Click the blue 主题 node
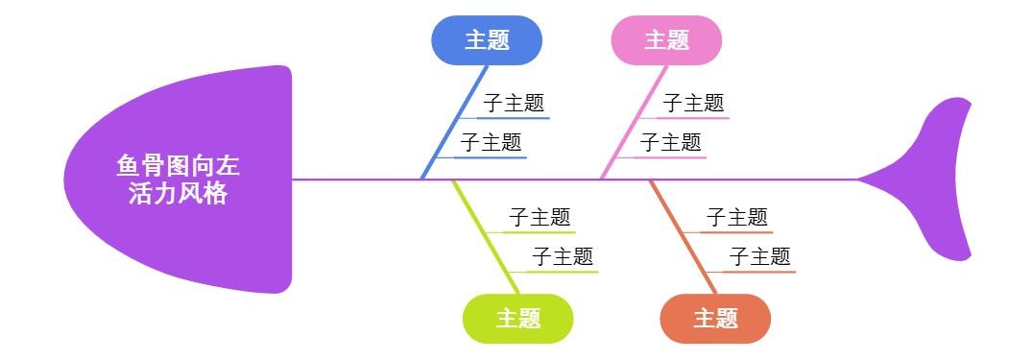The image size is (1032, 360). [x=486, y=40]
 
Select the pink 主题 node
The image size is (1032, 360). [x=666, y=40]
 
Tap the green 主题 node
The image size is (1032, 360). [x=517, y=318]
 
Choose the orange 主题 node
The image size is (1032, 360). [x=715, y=318]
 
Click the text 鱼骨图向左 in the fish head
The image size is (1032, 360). [x=179, y=166]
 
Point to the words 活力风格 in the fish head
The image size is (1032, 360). [x=179, y=193]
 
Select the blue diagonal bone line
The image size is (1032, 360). [x=455, y=121]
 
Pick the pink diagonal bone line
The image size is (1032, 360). [x=635, y=121]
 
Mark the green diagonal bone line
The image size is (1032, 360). [x=486, y=236]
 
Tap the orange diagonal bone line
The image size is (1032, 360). [x=683, y=236]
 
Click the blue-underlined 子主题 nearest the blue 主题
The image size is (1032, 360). [x=514, y=103]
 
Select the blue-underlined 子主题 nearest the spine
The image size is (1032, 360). [x=491, y=143]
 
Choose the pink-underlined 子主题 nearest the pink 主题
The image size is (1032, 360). [x=693, y=103]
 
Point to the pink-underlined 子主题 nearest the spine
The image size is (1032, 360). [x=670, y=143]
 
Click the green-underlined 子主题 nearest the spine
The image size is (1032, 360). [x=540, y=217]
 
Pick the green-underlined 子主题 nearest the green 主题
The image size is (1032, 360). [x=563, y=256]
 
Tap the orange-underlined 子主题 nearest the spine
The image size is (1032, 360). [x=737, y=217]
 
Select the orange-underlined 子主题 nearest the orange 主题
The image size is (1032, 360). [x=759, y=256]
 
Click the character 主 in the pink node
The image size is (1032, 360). [x=656, y=40]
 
